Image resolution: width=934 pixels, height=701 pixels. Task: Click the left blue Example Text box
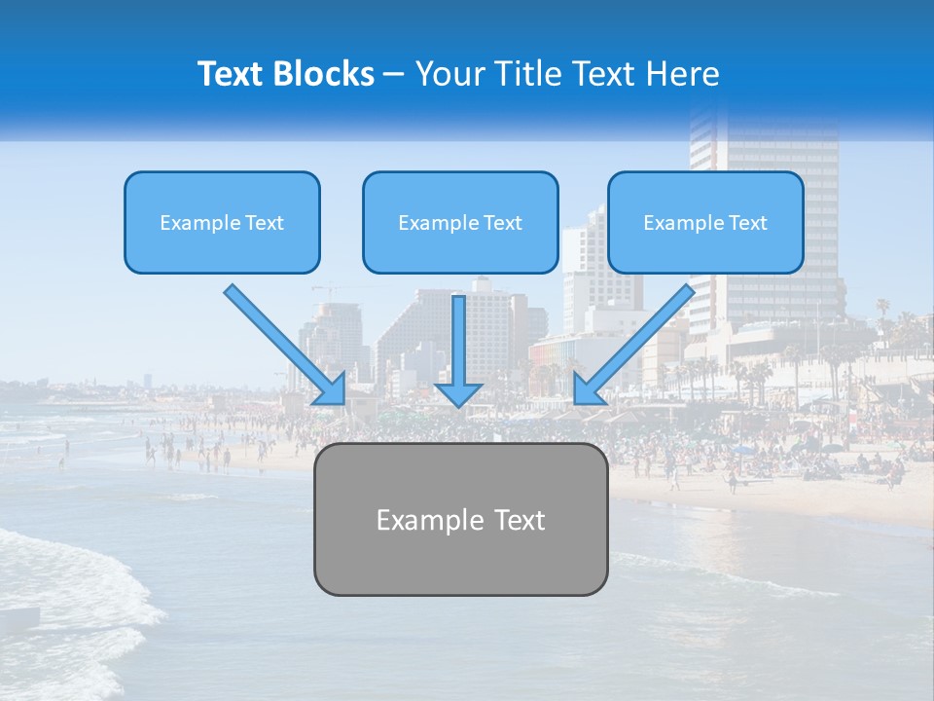[222, 222]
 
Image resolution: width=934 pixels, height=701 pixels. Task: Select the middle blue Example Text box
[460, 222]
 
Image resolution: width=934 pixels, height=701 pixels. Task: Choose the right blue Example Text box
[705, 222]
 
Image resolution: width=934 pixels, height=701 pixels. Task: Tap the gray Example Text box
[460, 519]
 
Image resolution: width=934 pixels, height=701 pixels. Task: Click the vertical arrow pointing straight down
[458, 341]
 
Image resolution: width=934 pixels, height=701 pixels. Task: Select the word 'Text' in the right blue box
[747, 222]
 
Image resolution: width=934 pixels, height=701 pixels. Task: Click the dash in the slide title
[394, 74]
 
